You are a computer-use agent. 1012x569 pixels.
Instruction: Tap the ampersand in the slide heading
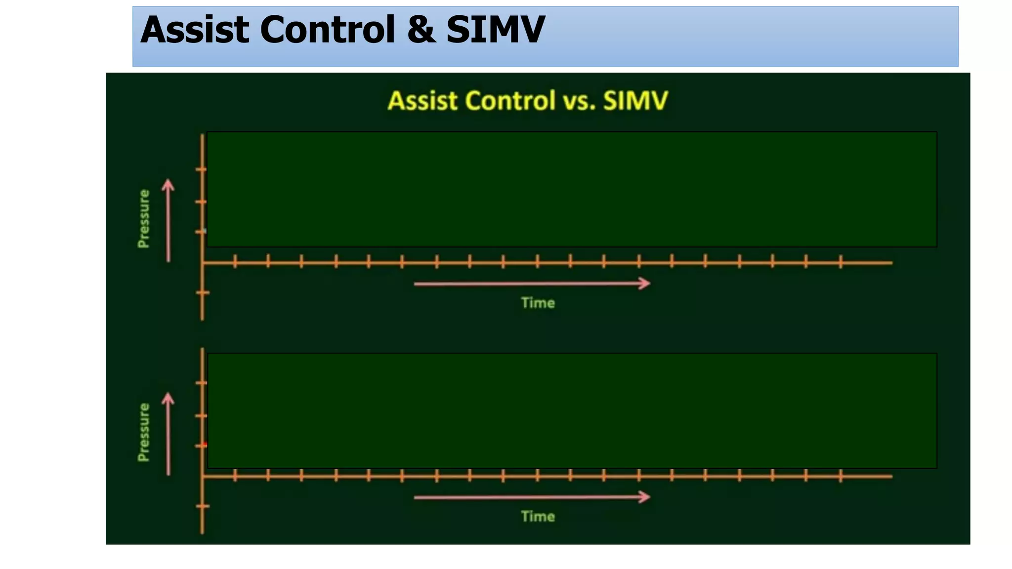(x=421, y=30)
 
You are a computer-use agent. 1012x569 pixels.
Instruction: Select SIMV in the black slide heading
(x=495, y=30)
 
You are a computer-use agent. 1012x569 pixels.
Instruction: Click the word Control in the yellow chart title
(x=510, y=101)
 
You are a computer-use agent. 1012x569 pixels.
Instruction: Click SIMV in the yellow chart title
(x=635, y=101)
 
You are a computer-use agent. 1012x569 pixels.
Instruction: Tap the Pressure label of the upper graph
(x=144, y=219)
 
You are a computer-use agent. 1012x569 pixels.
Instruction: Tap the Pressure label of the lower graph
(x=144, y=432)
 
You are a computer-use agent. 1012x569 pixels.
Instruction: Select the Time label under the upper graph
(x=538, y=303)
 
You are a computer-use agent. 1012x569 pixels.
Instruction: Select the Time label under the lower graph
(x=538, y=516)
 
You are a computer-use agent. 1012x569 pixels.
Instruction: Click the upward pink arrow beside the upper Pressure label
(x=169, y=220)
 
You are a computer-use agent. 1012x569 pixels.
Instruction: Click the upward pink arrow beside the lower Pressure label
(x=169, y=434)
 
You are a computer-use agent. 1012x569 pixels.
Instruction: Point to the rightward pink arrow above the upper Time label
(x=532, y=284)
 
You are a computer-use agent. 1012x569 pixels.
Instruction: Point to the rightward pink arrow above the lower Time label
(x=532, y=497)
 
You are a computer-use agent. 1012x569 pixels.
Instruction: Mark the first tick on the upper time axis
(x=235, y=262)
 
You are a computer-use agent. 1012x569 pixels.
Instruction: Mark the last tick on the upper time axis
(x=841, y=262)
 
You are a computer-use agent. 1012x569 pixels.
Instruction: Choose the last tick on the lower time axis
(x=841, y=476)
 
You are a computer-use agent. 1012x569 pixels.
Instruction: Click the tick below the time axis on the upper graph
(x=203, y=293)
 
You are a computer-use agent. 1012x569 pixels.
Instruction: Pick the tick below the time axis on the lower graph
(x=203, y=506)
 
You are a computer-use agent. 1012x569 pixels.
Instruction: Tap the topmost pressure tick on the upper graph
(x=201, y=170)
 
